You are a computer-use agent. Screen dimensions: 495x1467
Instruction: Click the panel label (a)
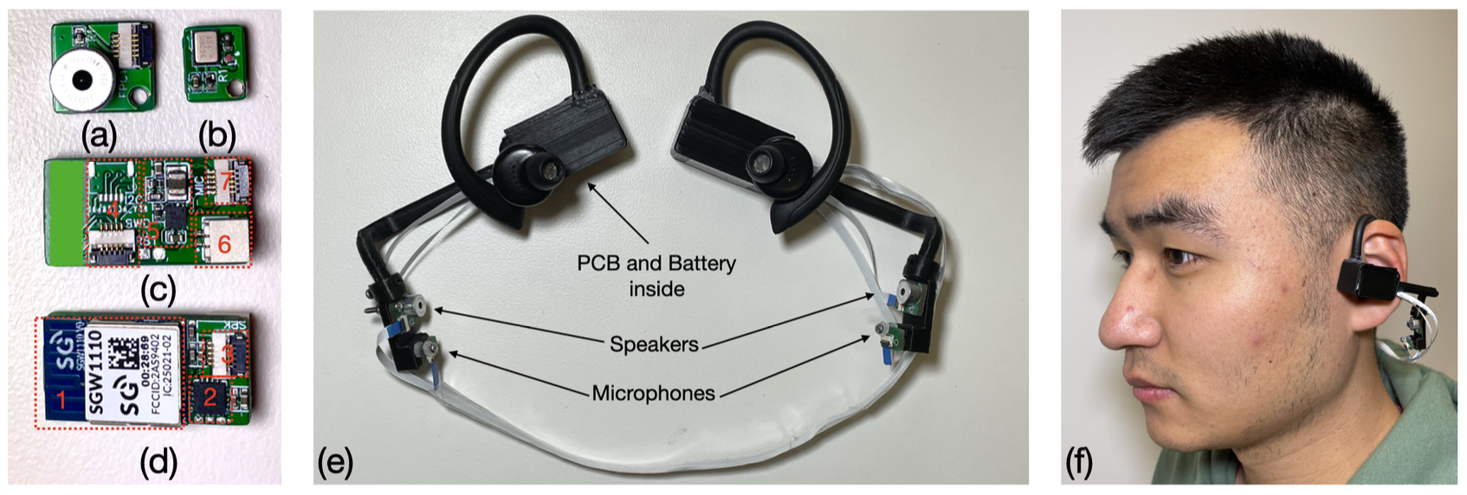point(99,136)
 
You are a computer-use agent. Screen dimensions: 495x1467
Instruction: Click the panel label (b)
point(216,136)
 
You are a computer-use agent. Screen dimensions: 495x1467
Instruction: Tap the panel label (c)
point(158,288)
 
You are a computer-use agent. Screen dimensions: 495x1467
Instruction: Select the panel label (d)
point(158,462)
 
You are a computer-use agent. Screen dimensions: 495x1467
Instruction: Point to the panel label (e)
point(335,462)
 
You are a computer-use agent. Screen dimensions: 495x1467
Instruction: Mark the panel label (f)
point(1079,462)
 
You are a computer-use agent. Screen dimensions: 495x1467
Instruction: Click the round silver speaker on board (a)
point(81,80)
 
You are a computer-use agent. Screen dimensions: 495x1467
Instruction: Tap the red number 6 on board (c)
point(224,244)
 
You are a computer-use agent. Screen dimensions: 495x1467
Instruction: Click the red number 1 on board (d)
point(61,399)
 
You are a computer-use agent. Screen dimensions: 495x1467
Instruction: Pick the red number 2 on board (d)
point(209,398)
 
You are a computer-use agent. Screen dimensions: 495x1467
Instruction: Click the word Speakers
point(654,344)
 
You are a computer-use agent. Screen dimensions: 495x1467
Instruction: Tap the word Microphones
point(654,394)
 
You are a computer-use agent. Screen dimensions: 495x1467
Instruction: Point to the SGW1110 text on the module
point(97,373)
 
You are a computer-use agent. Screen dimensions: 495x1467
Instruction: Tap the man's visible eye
point(1180,255)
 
